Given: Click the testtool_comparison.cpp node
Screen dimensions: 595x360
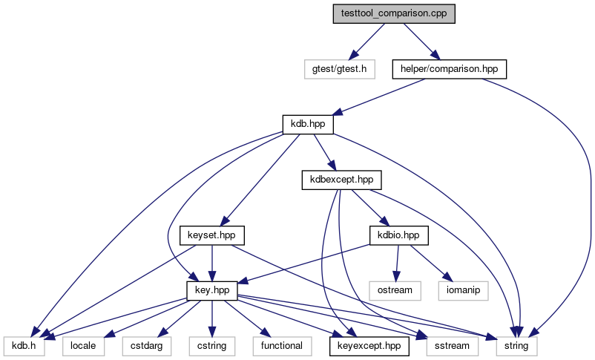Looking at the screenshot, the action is [394, 13].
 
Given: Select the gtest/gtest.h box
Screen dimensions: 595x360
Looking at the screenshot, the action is [340, 69].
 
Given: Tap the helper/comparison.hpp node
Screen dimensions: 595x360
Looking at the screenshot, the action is [450, 69].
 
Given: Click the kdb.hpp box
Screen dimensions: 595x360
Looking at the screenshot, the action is [308, 125].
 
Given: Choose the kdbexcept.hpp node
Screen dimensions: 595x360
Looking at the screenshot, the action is [341, 180].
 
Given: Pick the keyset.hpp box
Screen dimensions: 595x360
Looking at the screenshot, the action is [211, 235].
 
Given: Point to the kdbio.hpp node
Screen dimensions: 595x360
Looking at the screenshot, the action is [398, 235].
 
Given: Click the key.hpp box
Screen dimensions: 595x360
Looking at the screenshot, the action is [212, 290].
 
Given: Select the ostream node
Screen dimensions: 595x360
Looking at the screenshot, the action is [395, 290].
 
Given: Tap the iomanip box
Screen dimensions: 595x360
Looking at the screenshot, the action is [463, 290].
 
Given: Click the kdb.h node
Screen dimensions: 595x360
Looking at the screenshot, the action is [24, 346].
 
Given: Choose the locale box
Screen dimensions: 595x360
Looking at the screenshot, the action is [83, 346].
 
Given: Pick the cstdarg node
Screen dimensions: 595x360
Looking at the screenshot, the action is [146, 346].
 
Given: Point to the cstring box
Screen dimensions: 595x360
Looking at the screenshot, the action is [212, 346].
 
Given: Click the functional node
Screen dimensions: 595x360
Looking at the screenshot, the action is [282, 346].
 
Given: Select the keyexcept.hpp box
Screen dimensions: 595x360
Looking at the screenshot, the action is [369, 346].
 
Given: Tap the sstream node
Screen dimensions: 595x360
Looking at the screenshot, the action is [452, 346].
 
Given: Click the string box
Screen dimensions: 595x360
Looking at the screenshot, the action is [516, 346].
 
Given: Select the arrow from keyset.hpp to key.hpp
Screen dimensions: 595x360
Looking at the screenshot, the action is [211, 264].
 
